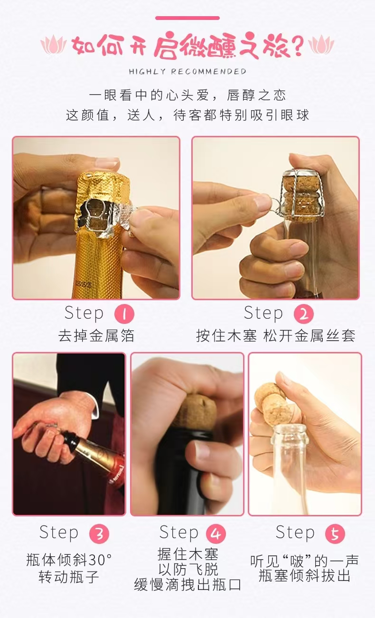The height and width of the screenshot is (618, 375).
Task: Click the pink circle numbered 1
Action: tap(124, 314)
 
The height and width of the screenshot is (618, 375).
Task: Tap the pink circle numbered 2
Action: tap(304, 314)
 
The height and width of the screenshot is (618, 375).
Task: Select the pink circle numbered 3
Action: tap(99, 533)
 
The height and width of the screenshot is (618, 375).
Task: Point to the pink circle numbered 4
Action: tap(216, 533)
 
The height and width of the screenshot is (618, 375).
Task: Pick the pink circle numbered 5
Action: tap(335, 533)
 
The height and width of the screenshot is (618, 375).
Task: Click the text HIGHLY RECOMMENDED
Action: tap(187, 72)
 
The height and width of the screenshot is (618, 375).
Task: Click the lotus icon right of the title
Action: tap(321, 45)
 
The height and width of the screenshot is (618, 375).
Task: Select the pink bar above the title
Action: tap(187, 18)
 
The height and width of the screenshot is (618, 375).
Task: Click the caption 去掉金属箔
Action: tap(96, 336)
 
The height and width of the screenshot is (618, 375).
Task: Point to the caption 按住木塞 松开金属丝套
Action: tap(276, 336)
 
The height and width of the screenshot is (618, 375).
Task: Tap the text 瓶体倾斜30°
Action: tap(69, 560)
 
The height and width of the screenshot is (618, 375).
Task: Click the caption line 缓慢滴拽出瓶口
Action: tap(188, 585)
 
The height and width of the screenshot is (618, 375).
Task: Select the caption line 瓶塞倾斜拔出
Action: tap(304, 576)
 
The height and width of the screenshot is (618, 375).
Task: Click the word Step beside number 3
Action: tap(59, 533)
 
